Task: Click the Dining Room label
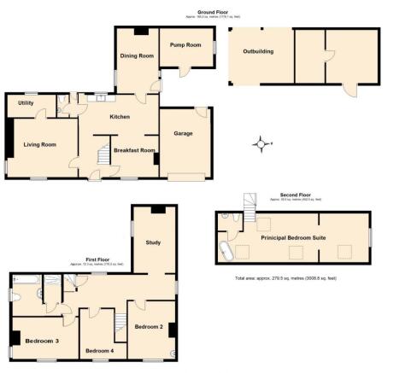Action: (x=135, y=55)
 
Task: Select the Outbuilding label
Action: (x=259, y=52)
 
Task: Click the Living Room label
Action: (x=39, y=145)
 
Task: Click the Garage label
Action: (x=185, y=133)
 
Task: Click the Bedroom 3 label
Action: (x=41, y=341)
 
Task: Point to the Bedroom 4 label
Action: (x=100, y=351)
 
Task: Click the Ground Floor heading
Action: (x=208, y=13)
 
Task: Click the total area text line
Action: (x=286, y=278)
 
